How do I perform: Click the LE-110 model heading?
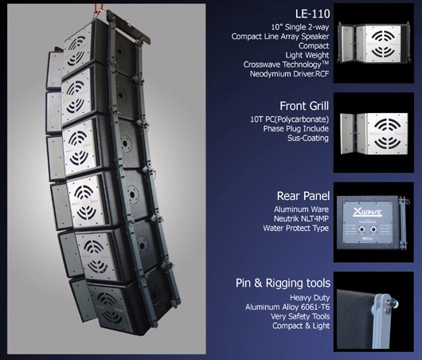[x=312, y=14]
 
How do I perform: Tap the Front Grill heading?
[x=304, y=106]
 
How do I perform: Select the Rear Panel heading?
[x=303, y=196]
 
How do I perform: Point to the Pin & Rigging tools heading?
[x=283, y=283]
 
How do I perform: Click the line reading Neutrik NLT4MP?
[x=301, y=219]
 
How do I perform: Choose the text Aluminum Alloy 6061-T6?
[x=287, y=307]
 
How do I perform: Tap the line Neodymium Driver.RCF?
[x=289, y=74]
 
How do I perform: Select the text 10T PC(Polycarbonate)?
[x=290, y=119]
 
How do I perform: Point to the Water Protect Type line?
[x=295, y=228]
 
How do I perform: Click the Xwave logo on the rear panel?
[x=368, y=213]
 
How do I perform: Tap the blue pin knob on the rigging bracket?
[x=394, y=304]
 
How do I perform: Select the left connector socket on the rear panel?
[x=361, y=229]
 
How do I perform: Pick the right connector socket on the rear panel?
[x=373, y=229]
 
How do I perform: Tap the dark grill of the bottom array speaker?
[x=110, y=307]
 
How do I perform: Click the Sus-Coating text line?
[x=308, y=138]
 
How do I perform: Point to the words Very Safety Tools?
[x=300, y=316]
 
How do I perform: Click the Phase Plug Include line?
[x=295, y=129]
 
